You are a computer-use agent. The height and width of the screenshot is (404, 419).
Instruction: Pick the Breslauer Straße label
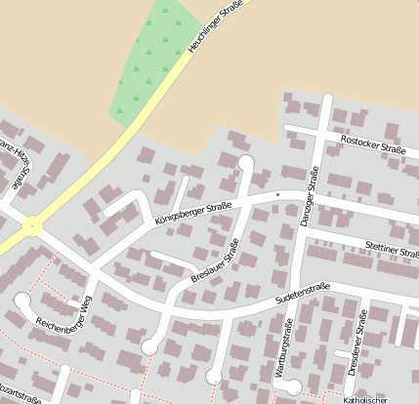(215, 263)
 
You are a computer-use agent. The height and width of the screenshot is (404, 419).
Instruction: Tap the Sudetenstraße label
(303, 292)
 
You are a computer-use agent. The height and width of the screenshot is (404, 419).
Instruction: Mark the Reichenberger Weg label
(63, 307)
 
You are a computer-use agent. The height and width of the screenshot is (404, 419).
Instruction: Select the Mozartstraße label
(21, 398)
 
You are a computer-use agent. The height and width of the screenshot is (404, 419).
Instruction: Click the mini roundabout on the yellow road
(34, 226)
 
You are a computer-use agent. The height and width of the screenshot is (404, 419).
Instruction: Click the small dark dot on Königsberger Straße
(278, 195)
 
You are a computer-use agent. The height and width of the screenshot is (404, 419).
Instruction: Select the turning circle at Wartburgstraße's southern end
(283, 384)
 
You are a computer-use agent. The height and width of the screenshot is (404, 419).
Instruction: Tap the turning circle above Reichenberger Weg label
(21, 299)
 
